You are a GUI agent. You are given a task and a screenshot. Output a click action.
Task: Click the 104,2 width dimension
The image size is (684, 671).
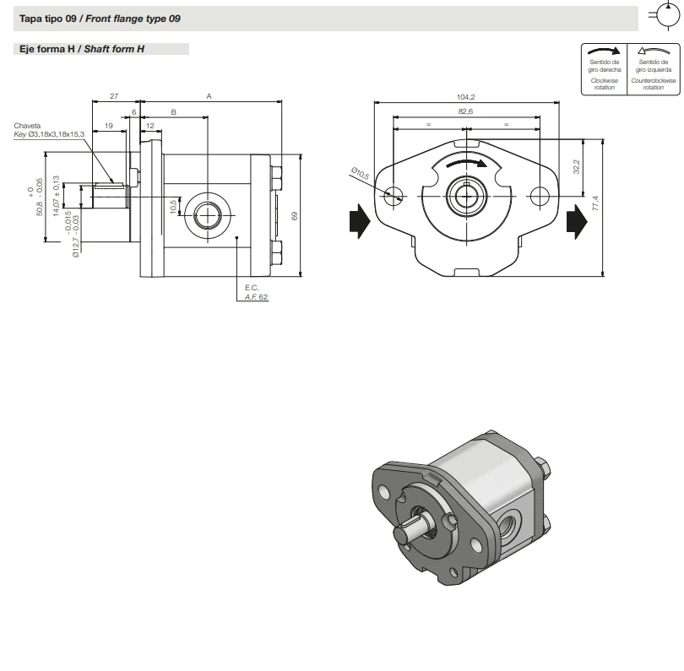click(x=466, y=97)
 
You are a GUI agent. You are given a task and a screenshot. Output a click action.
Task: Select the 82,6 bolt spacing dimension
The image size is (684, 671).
click(x=465, y=111)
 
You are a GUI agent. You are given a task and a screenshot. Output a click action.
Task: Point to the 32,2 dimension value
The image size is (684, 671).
click(x=577, y=167)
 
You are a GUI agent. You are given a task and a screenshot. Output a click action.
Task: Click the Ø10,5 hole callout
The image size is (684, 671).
click(x=360, y=174)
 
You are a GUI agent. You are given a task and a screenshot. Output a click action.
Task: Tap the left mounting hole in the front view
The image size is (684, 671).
click(x=391, y=196)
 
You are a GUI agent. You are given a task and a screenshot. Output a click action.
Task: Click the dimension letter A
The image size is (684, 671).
click(x=209, y=96)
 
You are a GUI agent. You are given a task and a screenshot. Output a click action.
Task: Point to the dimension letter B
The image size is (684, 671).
click(x=173, y=111)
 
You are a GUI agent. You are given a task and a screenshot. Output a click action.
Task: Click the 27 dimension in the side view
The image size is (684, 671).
click(x=114, y=96)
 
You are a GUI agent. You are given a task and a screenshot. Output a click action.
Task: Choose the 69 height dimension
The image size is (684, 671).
click(x=294, y=216)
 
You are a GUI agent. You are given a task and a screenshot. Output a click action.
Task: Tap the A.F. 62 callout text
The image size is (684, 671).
click(x=258, y=297)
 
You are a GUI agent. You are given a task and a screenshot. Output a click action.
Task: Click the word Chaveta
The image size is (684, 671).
click(x=28, y=125)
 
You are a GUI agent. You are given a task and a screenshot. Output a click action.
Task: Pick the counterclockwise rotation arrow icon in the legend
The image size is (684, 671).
click(x=653, y=51)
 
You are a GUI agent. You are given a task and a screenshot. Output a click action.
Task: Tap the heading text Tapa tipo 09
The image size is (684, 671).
click(x=47, y=19)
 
